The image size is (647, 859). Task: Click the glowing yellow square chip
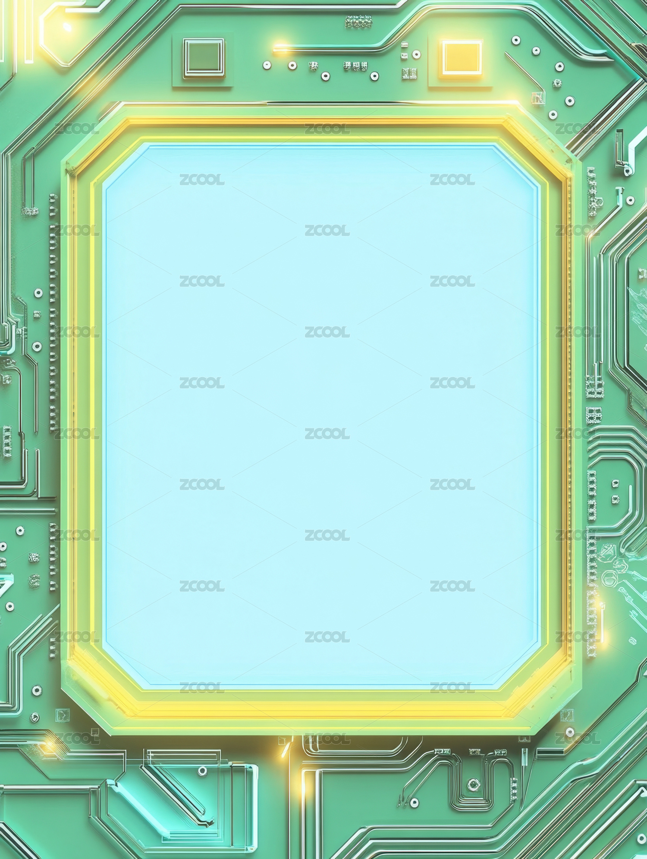461,57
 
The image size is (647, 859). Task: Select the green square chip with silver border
204,58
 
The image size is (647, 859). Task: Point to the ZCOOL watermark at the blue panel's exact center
327,433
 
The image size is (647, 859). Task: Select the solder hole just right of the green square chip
267,65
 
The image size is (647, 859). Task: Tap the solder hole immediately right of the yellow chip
516,40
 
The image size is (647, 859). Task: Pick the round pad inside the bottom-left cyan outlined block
202,771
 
